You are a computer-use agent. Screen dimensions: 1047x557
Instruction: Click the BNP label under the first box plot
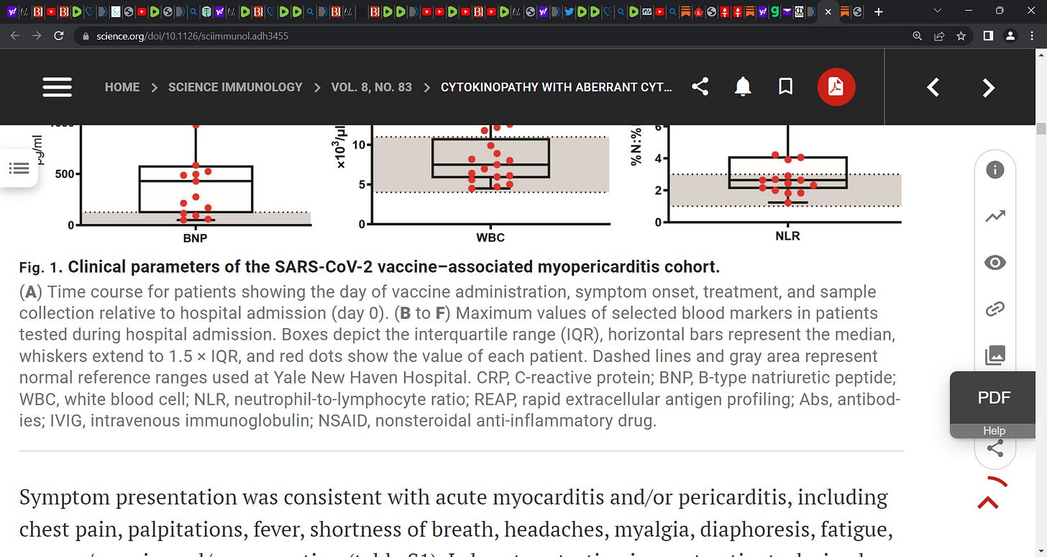tap(195, 237)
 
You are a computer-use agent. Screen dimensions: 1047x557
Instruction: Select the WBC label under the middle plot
tap(490, 237)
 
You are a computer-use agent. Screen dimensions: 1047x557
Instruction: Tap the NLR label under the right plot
tap(787, 235)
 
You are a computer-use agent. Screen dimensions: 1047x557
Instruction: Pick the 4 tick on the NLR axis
tap(657, 158)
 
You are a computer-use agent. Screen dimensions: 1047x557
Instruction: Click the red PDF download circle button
tap(836, 87)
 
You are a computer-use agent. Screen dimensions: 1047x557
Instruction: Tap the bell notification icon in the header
tap(743, 87)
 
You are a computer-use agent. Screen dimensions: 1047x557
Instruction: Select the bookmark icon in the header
tap(786, 87)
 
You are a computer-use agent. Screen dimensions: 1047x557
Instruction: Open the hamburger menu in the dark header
tap(57, 87)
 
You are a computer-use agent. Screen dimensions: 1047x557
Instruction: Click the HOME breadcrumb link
tap(122, 87)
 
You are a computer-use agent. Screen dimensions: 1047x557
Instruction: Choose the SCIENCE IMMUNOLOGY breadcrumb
tap(235, 87)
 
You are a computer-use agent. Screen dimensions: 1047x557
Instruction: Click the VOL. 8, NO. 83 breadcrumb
tap(371, 87)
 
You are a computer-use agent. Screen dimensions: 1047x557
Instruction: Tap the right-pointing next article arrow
tap(989, 88)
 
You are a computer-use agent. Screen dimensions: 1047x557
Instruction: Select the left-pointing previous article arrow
tap(933, 88)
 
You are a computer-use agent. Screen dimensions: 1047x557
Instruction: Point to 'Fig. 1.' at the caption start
tap(41, 268)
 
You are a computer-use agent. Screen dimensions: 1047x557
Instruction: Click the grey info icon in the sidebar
tap(995, 170)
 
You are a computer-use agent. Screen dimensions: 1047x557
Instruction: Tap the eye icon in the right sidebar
tap(995, 263)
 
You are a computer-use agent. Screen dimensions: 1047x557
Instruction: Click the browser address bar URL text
tap(192, 35)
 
